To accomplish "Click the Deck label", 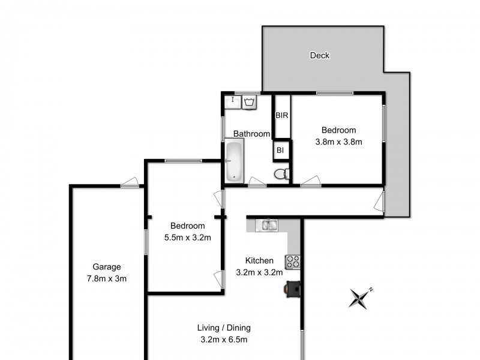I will [x=319, y=56].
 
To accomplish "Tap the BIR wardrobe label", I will [x=281, y=115].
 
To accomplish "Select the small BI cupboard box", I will [x=280, y=151].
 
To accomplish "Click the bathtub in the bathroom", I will [x=233, y=160].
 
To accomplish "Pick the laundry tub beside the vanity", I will [x=250, y=103].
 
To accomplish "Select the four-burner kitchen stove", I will [x=292, y=262].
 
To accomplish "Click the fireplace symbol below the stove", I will [x=292, y=289].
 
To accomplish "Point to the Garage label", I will [x=107, y=267].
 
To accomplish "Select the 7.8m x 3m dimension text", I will [x=107, y=278].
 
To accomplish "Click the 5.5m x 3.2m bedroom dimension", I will [x=187, y=237].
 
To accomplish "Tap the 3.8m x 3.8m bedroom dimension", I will [x=338, y=142].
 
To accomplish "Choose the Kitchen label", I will [x=259, y=260].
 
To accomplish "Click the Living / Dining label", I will [x=224, y=328].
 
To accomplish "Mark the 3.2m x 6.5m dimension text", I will [x=224, y=340].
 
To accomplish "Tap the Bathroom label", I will [x=251, y=134].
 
